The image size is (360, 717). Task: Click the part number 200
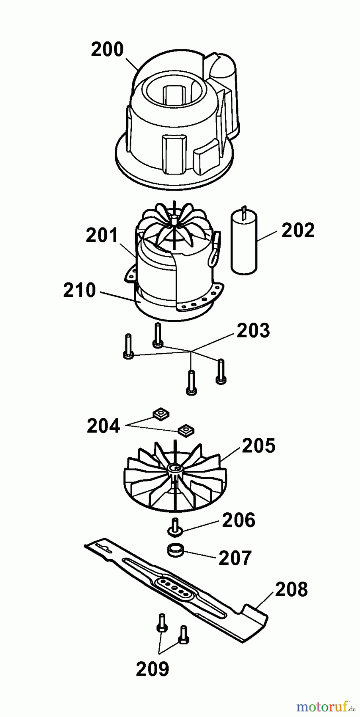108,50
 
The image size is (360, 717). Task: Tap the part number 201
102,235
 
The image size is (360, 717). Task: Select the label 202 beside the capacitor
298,230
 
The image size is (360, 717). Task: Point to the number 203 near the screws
253,331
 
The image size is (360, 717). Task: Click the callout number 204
103,426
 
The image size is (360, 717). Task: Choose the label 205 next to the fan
258,446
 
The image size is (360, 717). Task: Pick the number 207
235,558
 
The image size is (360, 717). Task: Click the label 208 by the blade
291,590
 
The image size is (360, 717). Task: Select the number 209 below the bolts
153,669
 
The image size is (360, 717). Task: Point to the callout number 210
80,290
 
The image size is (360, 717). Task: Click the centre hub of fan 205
174,468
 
